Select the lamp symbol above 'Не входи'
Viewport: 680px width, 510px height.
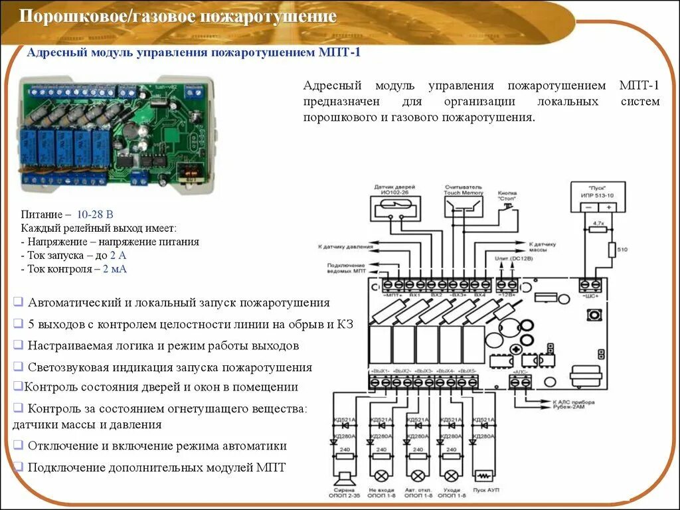[382, 476]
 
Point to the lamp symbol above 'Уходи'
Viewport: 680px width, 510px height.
[452, 476]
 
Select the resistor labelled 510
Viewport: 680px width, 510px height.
[612, 250]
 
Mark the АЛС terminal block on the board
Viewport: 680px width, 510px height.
[521, 382]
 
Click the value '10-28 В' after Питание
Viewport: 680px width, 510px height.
[95, 215]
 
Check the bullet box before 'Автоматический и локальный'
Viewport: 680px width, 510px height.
[19, 303]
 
